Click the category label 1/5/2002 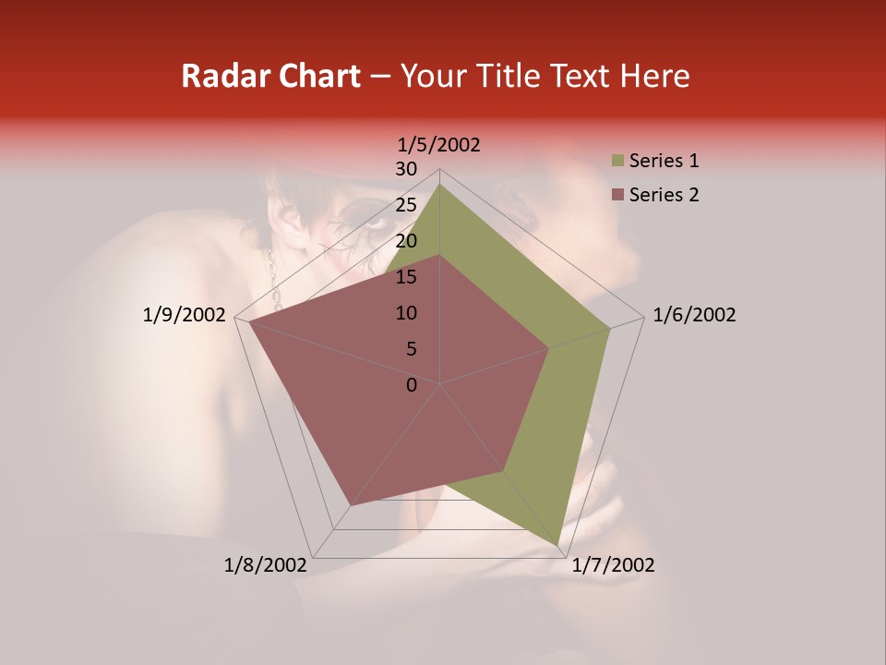(439, 145)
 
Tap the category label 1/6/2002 (694, 315)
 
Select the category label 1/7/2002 (613, 565)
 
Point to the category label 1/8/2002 (266, 565)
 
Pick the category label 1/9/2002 (185, 315)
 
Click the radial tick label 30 (406, 169)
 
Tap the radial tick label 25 (406, 205)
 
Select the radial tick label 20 (406, 241)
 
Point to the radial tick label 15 (406, 277)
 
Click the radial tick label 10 (406, 313)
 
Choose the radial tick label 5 (411, 349)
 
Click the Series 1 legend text (664, 161)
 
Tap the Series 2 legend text (664, 195)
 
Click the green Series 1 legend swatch (617, 162)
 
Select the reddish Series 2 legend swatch (617, 196)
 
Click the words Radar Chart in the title (270, 77)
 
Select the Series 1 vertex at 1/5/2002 (439, 184)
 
